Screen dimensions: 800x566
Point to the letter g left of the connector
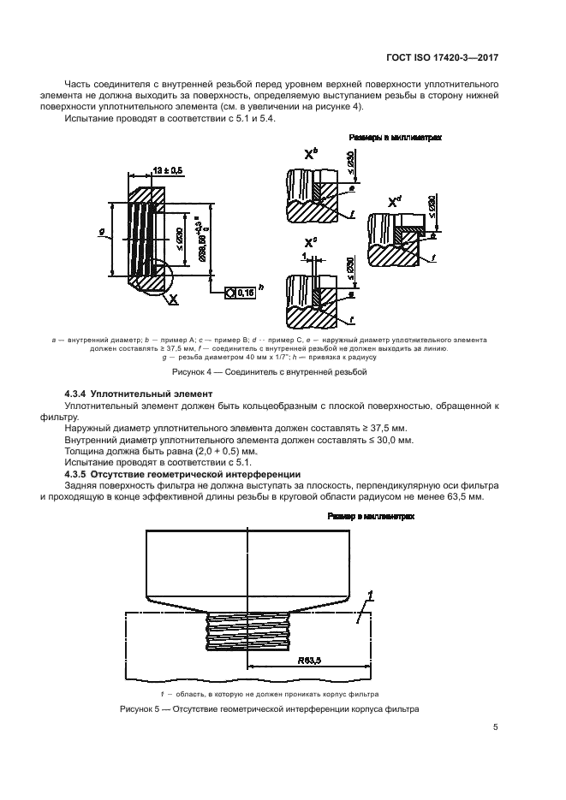pos(103,230)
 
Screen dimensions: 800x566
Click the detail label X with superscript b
pos(311,154)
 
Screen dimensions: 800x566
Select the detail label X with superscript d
pos(395,201)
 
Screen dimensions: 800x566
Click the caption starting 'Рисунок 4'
pos(280,372)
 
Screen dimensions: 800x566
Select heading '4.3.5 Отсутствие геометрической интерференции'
pos(182,473)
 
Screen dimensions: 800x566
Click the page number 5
pos(495,728)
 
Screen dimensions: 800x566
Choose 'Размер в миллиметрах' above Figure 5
pos(371,517)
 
